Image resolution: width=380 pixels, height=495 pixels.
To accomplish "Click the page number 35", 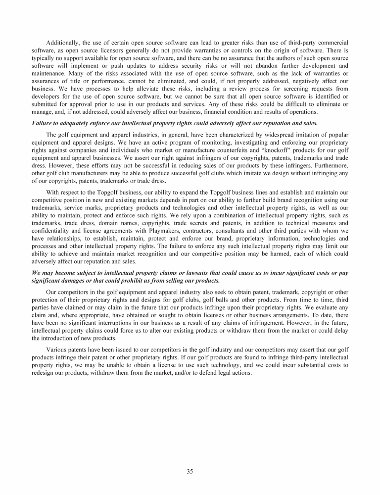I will pyautogui.click(x=190, y=471).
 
